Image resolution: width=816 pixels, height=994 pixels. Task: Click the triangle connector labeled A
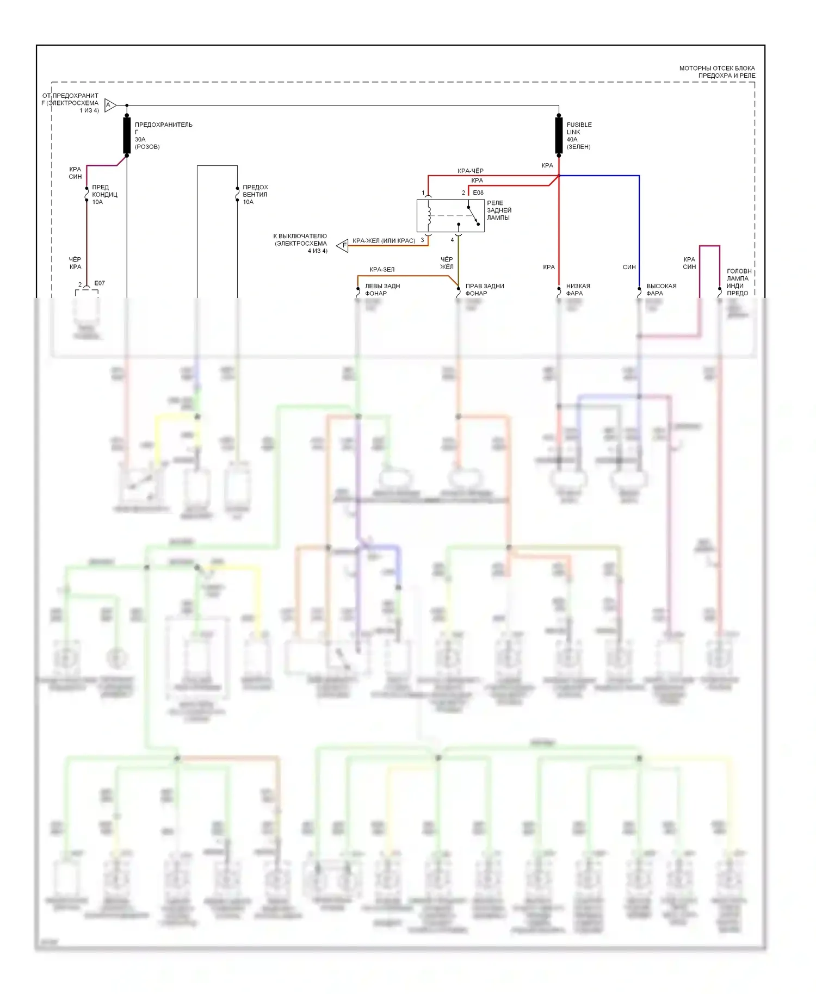tap(110, 105)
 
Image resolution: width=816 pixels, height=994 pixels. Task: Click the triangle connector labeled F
tap(343, 245)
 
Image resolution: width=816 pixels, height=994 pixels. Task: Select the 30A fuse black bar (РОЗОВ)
tap(127, 135)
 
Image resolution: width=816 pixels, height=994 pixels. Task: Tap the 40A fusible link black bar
tap(559, 135)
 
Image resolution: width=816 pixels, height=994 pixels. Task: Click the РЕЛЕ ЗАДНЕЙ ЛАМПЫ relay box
tap(450, 216)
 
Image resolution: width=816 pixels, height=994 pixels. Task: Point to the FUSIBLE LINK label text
tap(579, 128)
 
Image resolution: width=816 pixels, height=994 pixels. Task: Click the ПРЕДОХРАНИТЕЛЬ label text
tap(163, 125)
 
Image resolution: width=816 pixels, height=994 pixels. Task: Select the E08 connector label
tap(478, 192)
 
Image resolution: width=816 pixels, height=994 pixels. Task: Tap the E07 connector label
tap(100, 283)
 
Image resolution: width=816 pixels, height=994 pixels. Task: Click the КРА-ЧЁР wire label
tap(471, 171)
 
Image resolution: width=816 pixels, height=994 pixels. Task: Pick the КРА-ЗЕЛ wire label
tap(382, 269)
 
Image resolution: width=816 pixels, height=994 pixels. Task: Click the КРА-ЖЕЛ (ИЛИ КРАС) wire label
tap(384, 240)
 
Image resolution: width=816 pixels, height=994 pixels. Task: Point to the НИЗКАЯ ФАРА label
tap(578, 290)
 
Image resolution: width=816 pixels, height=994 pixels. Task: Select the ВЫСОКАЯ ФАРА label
tap(661, 290)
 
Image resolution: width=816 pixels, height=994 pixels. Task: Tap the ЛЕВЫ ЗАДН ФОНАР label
tap(382, 290)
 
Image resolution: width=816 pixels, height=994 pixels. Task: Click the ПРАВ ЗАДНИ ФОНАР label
tap(484, 290)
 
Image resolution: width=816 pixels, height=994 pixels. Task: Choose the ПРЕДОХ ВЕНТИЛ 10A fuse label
tap(255, 194)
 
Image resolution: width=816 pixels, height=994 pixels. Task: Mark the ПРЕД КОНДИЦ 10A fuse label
tap(104, 194)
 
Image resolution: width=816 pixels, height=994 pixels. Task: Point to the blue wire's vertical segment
tap(639, 228)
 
